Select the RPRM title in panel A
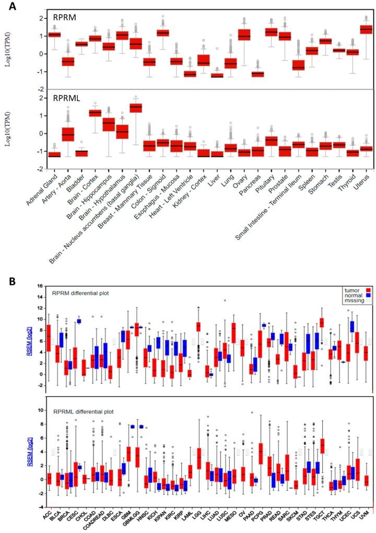click(x=65, y=17)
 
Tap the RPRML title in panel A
click(x=67, y=97)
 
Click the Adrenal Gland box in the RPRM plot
click(x=54, y=34)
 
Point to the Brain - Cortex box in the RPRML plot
click(x=95, y=113)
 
